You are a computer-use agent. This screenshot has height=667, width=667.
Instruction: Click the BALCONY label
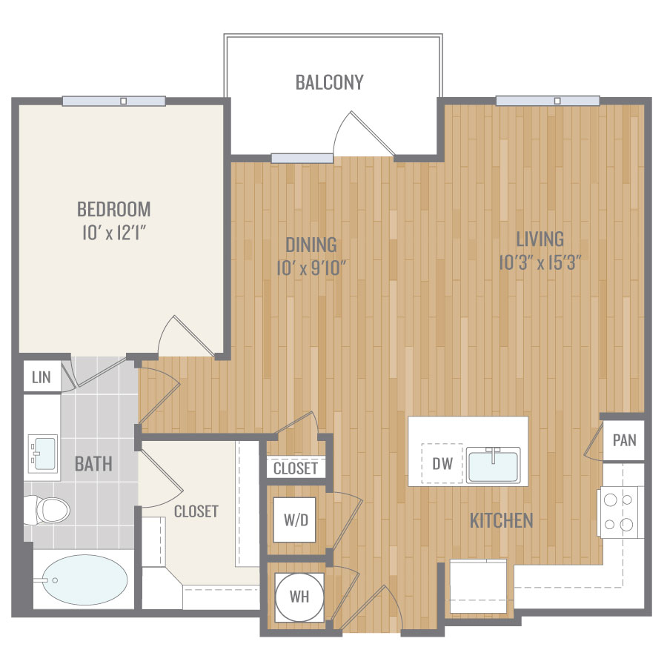tap(330, 82)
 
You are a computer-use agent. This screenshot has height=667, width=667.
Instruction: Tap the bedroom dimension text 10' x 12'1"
tap(114, 233)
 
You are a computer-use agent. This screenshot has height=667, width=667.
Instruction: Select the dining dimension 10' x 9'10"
tap(311, 268)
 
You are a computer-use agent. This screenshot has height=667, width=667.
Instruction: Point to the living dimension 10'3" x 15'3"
tap(540, 262)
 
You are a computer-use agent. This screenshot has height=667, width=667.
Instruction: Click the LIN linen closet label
tap(42, 377)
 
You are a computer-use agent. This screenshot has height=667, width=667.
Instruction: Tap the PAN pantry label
tap(625, 440)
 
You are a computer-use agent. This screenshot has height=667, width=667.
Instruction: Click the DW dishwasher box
tap(442, 464)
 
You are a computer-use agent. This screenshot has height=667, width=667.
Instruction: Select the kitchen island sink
tap(494, 465)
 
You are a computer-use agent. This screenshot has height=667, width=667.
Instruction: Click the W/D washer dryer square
tap(294, 520)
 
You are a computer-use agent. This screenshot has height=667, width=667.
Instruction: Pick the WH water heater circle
tap(299, 597)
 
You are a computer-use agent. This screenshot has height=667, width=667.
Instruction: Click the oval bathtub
tap(85, 580)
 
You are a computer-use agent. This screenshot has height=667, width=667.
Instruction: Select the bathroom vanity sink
tap(42, 454)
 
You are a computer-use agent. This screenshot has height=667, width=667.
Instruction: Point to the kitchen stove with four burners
tap(620, 512)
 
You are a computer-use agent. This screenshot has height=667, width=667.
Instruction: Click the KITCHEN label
tap(501, 521)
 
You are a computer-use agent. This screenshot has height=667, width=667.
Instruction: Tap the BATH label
tap(93, 464)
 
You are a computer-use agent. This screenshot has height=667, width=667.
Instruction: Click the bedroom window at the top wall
tap(113, 101)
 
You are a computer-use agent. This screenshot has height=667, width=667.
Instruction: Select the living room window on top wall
tap(548, 101)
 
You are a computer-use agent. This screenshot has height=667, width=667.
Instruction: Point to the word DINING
tap(311, 245)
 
